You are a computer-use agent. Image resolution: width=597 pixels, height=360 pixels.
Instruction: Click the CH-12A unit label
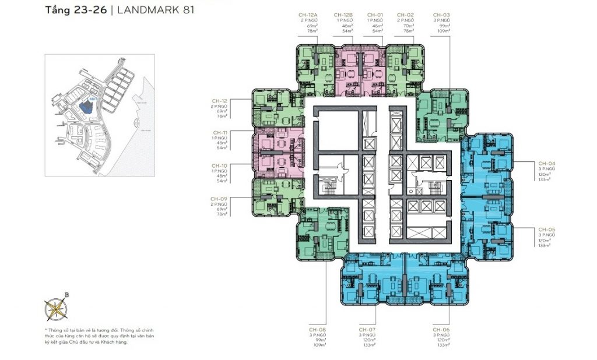pyautogui.click(x=309, y=14)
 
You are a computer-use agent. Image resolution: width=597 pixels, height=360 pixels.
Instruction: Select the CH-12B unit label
pyautogui.click(x=342, y=14)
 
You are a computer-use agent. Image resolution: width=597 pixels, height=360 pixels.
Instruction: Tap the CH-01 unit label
pyautogui.click(x=374, y=14)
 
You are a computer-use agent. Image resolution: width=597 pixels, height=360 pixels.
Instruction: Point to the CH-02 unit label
pyautogui.click(x=405, y=14)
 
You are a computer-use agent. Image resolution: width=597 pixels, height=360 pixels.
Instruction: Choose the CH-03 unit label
pyautogui.click(x=441, y=14)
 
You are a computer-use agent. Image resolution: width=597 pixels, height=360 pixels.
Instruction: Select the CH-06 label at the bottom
pyautogui.click(x=441, y=330)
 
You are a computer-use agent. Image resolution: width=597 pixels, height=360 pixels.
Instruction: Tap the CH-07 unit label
pyautogui.click(x=367, y=330)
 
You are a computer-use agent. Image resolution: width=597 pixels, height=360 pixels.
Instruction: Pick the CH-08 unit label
pyautogui.click(x=319, y=330)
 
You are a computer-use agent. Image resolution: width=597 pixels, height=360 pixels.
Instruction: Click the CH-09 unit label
pyautogui.click(x=220, y=199)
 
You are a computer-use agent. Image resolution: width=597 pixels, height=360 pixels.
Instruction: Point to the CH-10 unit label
pyautogui.click(x=220, y=165)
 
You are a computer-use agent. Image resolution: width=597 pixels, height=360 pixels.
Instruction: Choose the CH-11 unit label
pyautogui.click(x=220, y=132)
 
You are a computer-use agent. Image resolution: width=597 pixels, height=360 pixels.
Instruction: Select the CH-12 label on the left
pyautogui.click(x=220, y=100)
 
